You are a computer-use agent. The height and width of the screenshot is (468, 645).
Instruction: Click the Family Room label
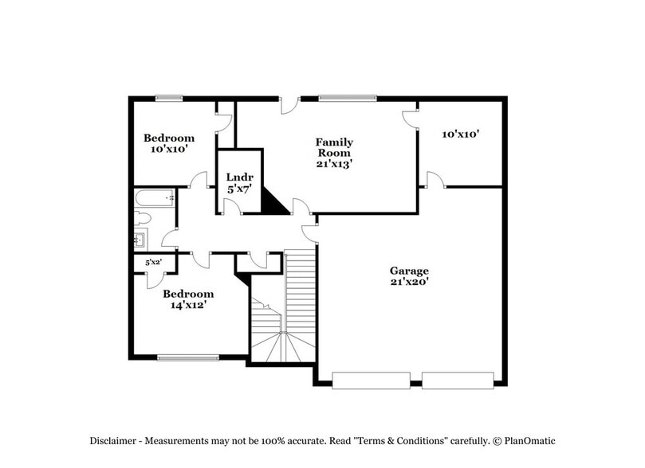[335, 147]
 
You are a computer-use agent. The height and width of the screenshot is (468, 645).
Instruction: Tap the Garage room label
[409, 271]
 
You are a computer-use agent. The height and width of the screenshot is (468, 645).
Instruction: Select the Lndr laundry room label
[238, 177]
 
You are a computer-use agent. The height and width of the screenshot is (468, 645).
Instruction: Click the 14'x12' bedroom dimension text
[190, 305]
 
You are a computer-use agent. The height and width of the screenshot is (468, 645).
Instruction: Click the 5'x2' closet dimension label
[152, 263]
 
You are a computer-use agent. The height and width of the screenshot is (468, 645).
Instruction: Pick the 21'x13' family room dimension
[335, 163]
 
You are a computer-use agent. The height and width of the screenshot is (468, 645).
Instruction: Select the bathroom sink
[140, 238]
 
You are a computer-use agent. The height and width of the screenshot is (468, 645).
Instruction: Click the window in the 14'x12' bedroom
[188, 358]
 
